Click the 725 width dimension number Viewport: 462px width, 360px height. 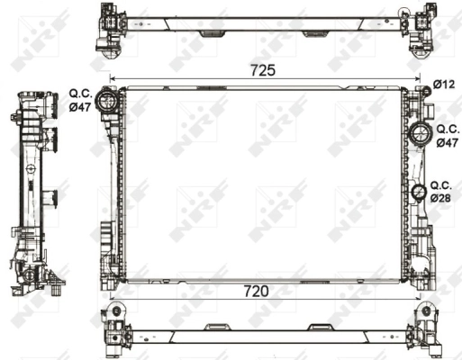point(264,69)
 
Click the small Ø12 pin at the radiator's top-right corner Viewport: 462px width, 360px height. point(421,87)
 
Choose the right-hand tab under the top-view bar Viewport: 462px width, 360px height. point(315,34)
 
